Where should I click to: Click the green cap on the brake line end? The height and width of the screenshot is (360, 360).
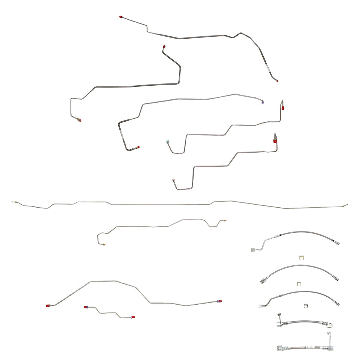tap(167, 142)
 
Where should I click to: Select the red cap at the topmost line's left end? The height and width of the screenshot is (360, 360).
tap(121, 17)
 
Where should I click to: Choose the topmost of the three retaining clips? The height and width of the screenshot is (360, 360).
tap(301, 258)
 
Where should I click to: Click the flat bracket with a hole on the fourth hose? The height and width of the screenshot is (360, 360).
tap(332, 324)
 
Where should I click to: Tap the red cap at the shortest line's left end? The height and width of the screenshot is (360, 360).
tap(86, 307)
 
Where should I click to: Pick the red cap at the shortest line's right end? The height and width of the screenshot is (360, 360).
tap(133, 316)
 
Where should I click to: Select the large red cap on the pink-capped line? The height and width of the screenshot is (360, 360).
tap(275, 141)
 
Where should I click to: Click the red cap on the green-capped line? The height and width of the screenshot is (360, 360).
tap(282, 108)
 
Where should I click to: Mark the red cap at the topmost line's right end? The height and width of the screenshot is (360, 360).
tap(277, 80)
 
